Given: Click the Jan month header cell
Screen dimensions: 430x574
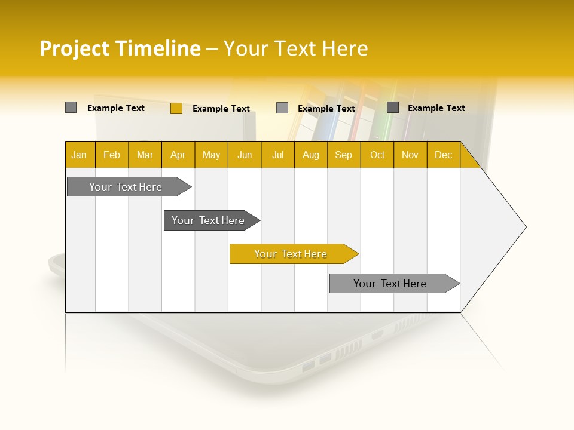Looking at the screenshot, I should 80,155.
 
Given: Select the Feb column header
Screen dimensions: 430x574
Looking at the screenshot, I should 112,155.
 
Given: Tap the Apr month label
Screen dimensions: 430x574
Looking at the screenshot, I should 178,155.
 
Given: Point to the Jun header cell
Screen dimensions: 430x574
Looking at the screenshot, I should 245,155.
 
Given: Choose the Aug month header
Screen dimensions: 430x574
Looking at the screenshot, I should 310,155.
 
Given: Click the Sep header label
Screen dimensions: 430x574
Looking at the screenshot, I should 343,155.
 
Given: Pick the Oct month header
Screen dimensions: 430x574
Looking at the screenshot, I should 377,155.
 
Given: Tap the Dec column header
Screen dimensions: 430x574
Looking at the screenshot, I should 443,155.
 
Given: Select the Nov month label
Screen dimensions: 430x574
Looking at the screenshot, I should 410,155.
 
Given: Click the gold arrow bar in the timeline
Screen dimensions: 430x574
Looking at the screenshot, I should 291,254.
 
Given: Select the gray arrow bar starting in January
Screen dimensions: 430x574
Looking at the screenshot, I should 126,187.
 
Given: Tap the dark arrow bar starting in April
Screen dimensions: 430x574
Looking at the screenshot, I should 209,220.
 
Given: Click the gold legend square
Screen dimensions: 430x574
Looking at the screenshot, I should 176,108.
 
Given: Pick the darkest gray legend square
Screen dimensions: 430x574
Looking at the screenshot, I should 393,107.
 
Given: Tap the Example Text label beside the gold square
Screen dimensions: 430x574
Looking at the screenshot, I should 221,109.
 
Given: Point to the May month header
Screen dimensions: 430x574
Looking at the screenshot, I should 211,155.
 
